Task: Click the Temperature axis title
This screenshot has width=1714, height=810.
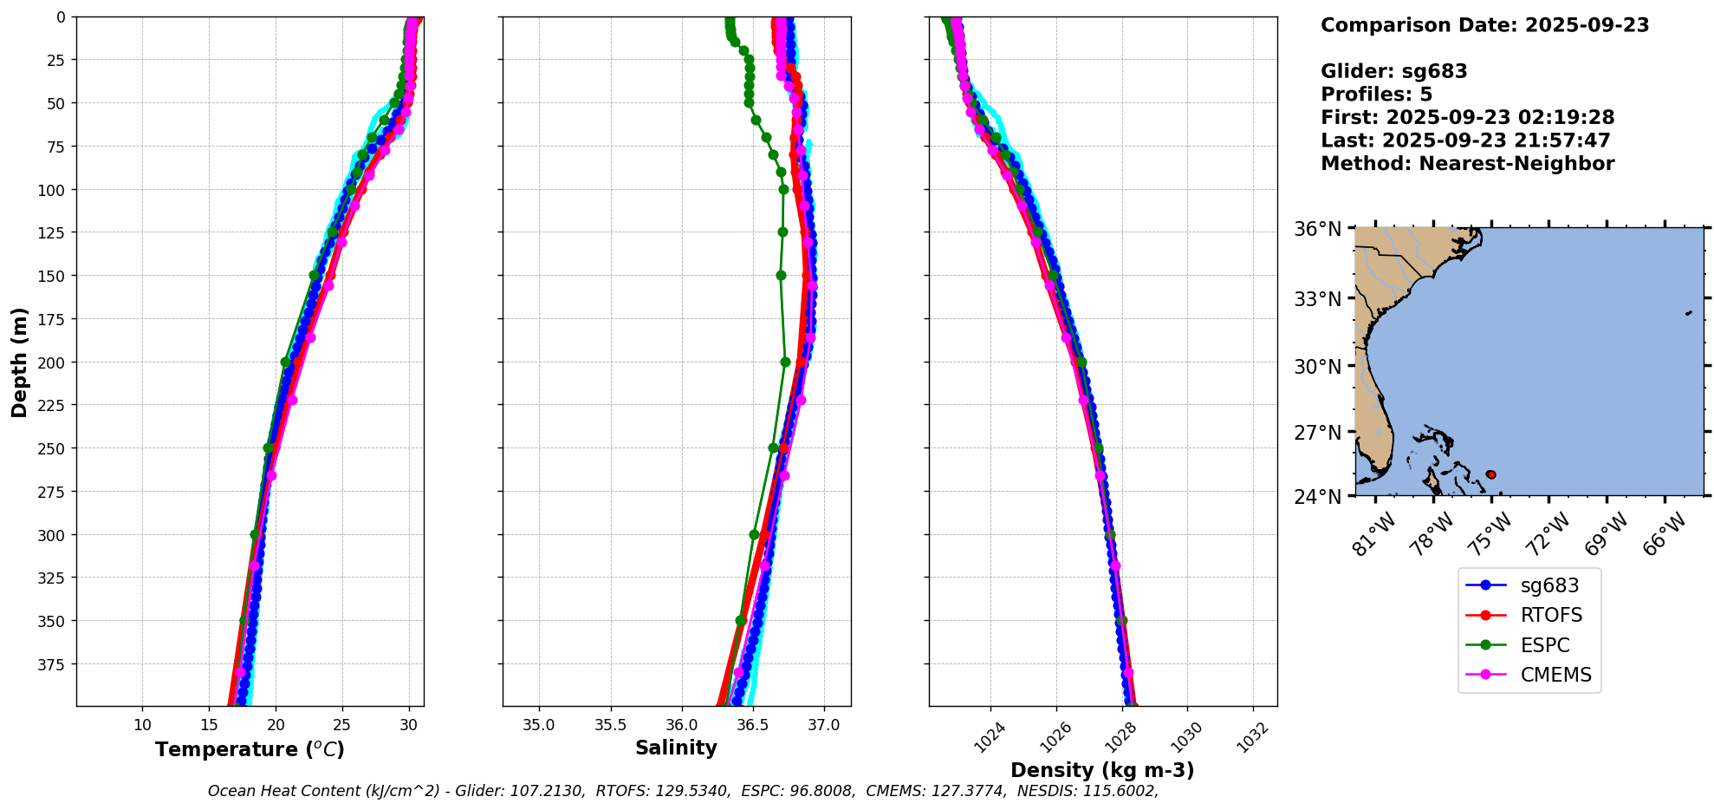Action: [x=250, y=749]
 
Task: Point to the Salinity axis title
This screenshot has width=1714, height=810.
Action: [x=676, y=748]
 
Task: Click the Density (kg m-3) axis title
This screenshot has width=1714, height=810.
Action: [x=1102, y=770]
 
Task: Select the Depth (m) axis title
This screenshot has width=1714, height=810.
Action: [x=19, y=362]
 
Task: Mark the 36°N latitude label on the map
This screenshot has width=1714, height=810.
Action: [x=1318, y=229]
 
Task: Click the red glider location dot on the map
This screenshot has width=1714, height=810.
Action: [x=1490, y=474]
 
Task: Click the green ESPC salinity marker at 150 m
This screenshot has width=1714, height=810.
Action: [x=781, y=275]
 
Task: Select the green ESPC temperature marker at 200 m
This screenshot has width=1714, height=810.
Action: [x=285, y=362]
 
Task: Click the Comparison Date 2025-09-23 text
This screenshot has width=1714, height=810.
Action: [x=1484, y=25]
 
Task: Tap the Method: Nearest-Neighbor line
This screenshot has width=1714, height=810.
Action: [x=1467, y=164]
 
